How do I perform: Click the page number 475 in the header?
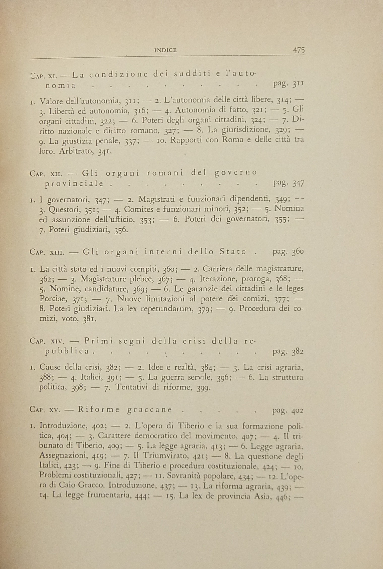click(x=299, y=50)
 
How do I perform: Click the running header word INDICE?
click(x=165, y=50)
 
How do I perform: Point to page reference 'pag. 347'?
click(x=288, y=184)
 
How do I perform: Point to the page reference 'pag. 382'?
click(x=288, y=351)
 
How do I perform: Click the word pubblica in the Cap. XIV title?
click(x=67, y=351)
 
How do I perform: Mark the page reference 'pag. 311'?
click(x=288, y=84)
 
